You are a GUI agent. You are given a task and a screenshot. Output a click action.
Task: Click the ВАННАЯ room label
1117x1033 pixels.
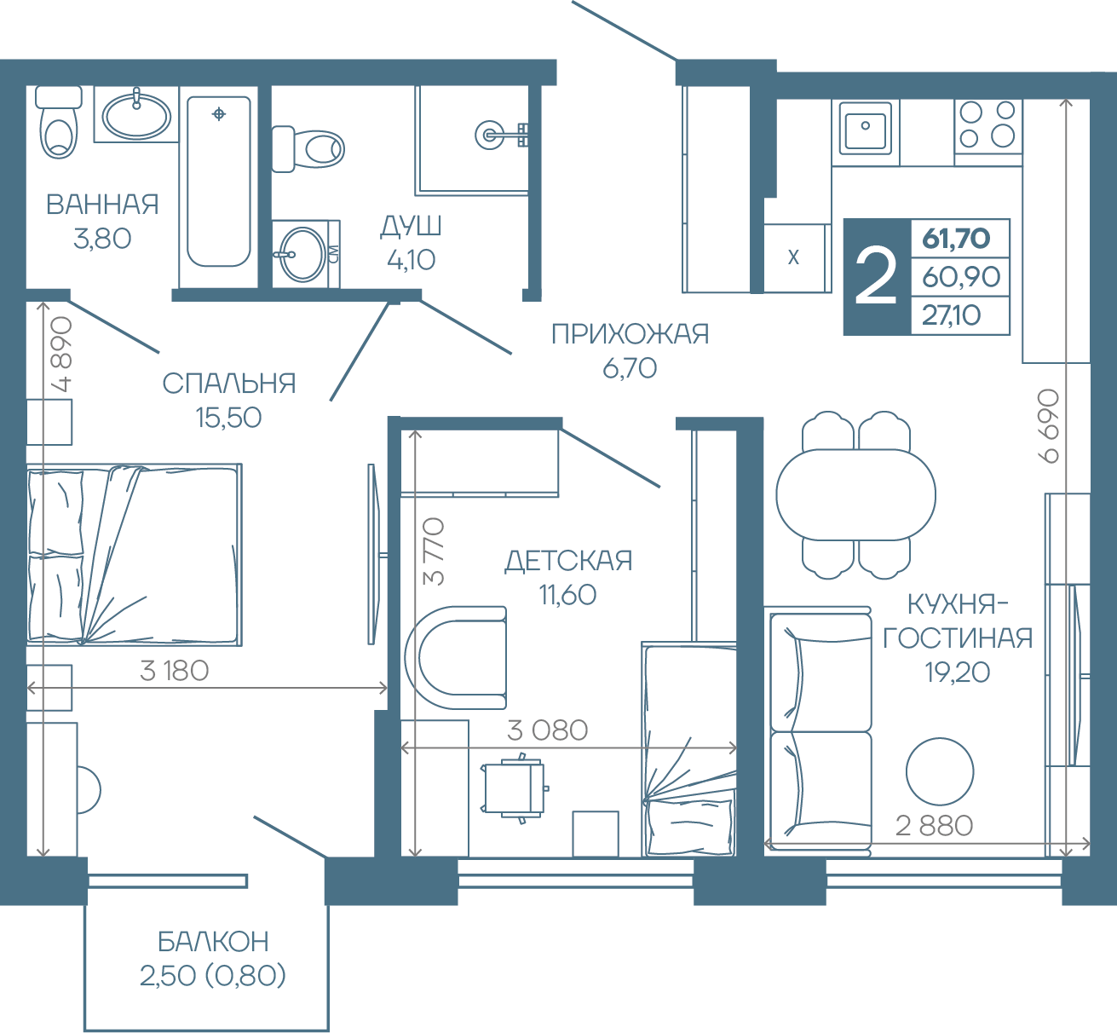(x=102, y=205)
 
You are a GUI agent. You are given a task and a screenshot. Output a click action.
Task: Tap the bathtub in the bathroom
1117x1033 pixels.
(x=219, y=182)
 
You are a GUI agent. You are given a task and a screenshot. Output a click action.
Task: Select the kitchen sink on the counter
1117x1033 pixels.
(x=866, y=129)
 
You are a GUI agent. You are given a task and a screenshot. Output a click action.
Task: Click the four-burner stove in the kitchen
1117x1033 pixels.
(x=988, y=126)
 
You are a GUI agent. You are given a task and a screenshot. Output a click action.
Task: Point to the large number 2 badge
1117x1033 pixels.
(x=876, y=277)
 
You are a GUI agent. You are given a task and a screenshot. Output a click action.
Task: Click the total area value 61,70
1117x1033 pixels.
(x=956, y=239)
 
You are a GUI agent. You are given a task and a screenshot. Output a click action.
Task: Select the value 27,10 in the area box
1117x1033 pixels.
(x=952, y=315)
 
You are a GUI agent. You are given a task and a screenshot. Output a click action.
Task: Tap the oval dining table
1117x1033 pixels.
(x=855, y=494)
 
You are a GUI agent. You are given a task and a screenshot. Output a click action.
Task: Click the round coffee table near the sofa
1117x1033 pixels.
(x=940, y=771)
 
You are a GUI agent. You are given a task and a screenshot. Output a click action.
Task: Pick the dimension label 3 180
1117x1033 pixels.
(x=175, y=671)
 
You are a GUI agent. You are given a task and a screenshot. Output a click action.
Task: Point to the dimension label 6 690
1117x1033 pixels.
(x=1050, y=426)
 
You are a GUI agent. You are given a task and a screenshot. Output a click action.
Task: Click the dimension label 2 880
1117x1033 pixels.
(x=934, y=826)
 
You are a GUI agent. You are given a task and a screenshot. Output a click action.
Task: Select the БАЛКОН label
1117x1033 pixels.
(x=213, y=941)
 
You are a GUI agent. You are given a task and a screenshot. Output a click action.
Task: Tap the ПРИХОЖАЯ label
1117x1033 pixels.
(x=630, y=333)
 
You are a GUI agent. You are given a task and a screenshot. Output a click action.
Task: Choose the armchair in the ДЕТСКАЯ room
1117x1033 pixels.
(x=456, y=657)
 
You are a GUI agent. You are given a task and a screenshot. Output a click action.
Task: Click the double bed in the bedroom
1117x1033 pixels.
(x=135, y=554)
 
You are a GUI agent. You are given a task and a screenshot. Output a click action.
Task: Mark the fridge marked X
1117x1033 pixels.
(x=793, y=257)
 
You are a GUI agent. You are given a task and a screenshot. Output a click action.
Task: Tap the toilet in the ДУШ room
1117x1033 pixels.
(x=308, y=148)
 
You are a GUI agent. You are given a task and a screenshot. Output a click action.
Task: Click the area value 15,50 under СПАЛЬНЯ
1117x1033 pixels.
(x=228, y=418)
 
